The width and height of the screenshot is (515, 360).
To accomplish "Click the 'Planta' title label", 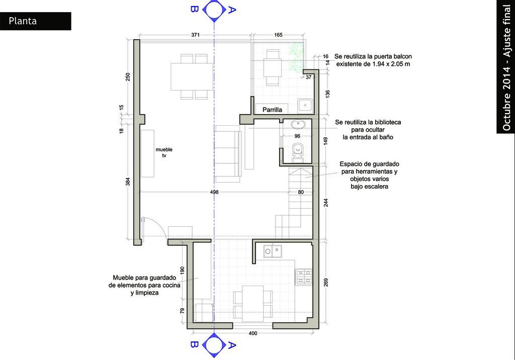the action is pyautogui.click(x=23, y=21).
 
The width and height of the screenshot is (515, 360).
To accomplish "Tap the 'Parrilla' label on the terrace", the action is pyautogui.click(x=272, y=110).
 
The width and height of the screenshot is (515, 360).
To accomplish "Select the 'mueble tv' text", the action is pyautogui.click(x=164, y=152).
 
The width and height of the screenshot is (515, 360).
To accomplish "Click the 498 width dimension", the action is pyautogui.click(x=214, y=192).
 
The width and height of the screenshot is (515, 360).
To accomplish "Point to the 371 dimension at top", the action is pyautogui.click(x=196, y=35).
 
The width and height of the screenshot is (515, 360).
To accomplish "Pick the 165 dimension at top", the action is pyautogui.click(x=278, y=35).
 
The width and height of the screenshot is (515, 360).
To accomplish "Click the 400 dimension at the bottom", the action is pyautogui.click(x=253, y=333).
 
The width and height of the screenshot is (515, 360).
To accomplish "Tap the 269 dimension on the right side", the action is pyautogui.click(x=326, y=283).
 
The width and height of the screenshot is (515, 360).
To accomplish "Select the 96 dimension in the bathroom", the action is pyautogui.click(x=297, y=136).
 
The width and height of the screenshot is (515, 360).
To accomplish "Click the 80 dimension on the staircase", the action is pyautogui.click(x=301, y=192).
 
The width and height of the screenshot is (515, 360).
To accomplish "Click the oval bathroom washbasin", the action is pyautogui.click(x=298, y=125).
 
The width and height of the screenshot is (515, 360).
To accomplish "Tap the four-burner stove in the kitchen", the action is pyautogui.click(x=304, y=277).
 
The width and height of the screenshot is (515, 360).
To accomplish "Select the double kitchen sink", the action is pyautogui.click(x=273, y=251).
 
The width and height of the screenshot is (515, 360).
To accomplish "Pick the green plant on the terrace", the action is pyautogui.click(x=296, y=56).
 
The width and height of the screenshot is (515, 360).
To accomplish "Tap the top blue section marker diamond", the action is pyautogui.click(x=214, y=10).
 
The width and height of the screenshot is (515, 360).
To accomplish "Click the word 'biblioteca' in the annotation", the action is pyautogui.click(x=385, y=122).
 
